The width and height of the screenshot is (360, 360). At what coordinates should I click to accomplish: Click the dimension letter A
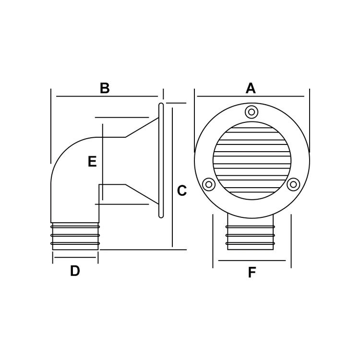tap(251, 88)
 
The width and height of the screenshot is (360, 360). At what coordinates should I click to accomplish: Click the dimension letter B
tap(105, 88)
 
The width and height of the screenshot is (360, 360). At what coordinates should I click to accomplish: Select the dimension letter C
tap(181, 191)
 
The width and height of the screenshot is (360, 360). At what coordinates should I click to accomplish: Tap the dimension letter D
tap(75, 271)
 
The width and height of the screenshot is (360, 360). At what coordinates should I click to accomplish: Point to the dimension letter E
tap(92, 162)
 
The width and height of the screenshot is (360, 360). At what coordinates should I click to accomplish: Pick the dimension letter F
tap(252, 273)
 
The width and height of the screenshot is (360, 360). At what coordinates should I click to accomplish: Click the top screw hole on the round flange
tap(252, 112)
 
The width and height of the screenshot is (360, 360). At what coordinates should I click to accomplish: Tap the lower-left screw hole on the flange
tap(209, 184)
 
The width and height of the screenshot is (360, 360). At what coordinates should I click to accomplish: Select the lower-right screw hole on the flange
tap(293, 184)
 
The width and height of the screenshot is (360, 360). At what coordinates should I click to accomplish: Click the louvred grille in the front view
tap(252, 160)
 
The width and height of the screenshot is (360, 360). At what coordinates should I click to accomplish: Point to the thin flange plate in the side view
tap(161, 160)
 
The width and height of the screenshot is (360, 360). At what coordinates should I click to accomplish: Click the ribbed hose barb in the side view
tap(75, 236)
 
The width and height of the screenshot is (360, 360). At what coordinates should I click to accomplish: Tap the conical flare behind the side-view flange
tap(142, 161)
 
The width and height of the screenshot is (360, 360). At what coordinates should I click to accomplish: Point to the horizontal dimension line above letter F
tap(252, 261)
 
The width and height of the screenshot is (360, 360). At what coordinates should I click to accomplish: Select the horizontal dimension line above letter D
tap(75, 258)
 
